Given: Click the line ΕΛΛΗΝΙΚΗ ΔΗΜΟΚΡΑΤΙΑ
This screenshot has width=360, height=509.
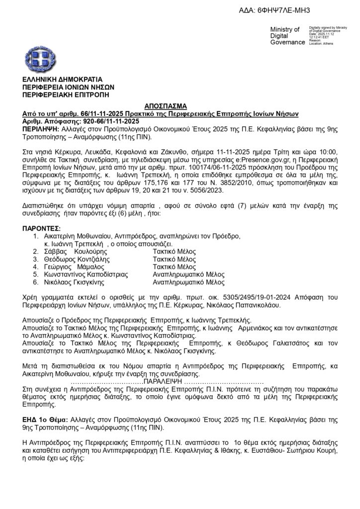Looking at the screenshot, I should tap(63, 79).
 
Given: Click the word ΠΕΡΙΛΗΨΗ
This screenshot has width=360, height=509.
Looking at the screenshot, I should tap(40, 128).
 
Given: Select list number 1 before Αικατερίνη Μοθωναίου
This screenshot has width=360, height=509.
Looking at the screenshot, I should tap(36, 236).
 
